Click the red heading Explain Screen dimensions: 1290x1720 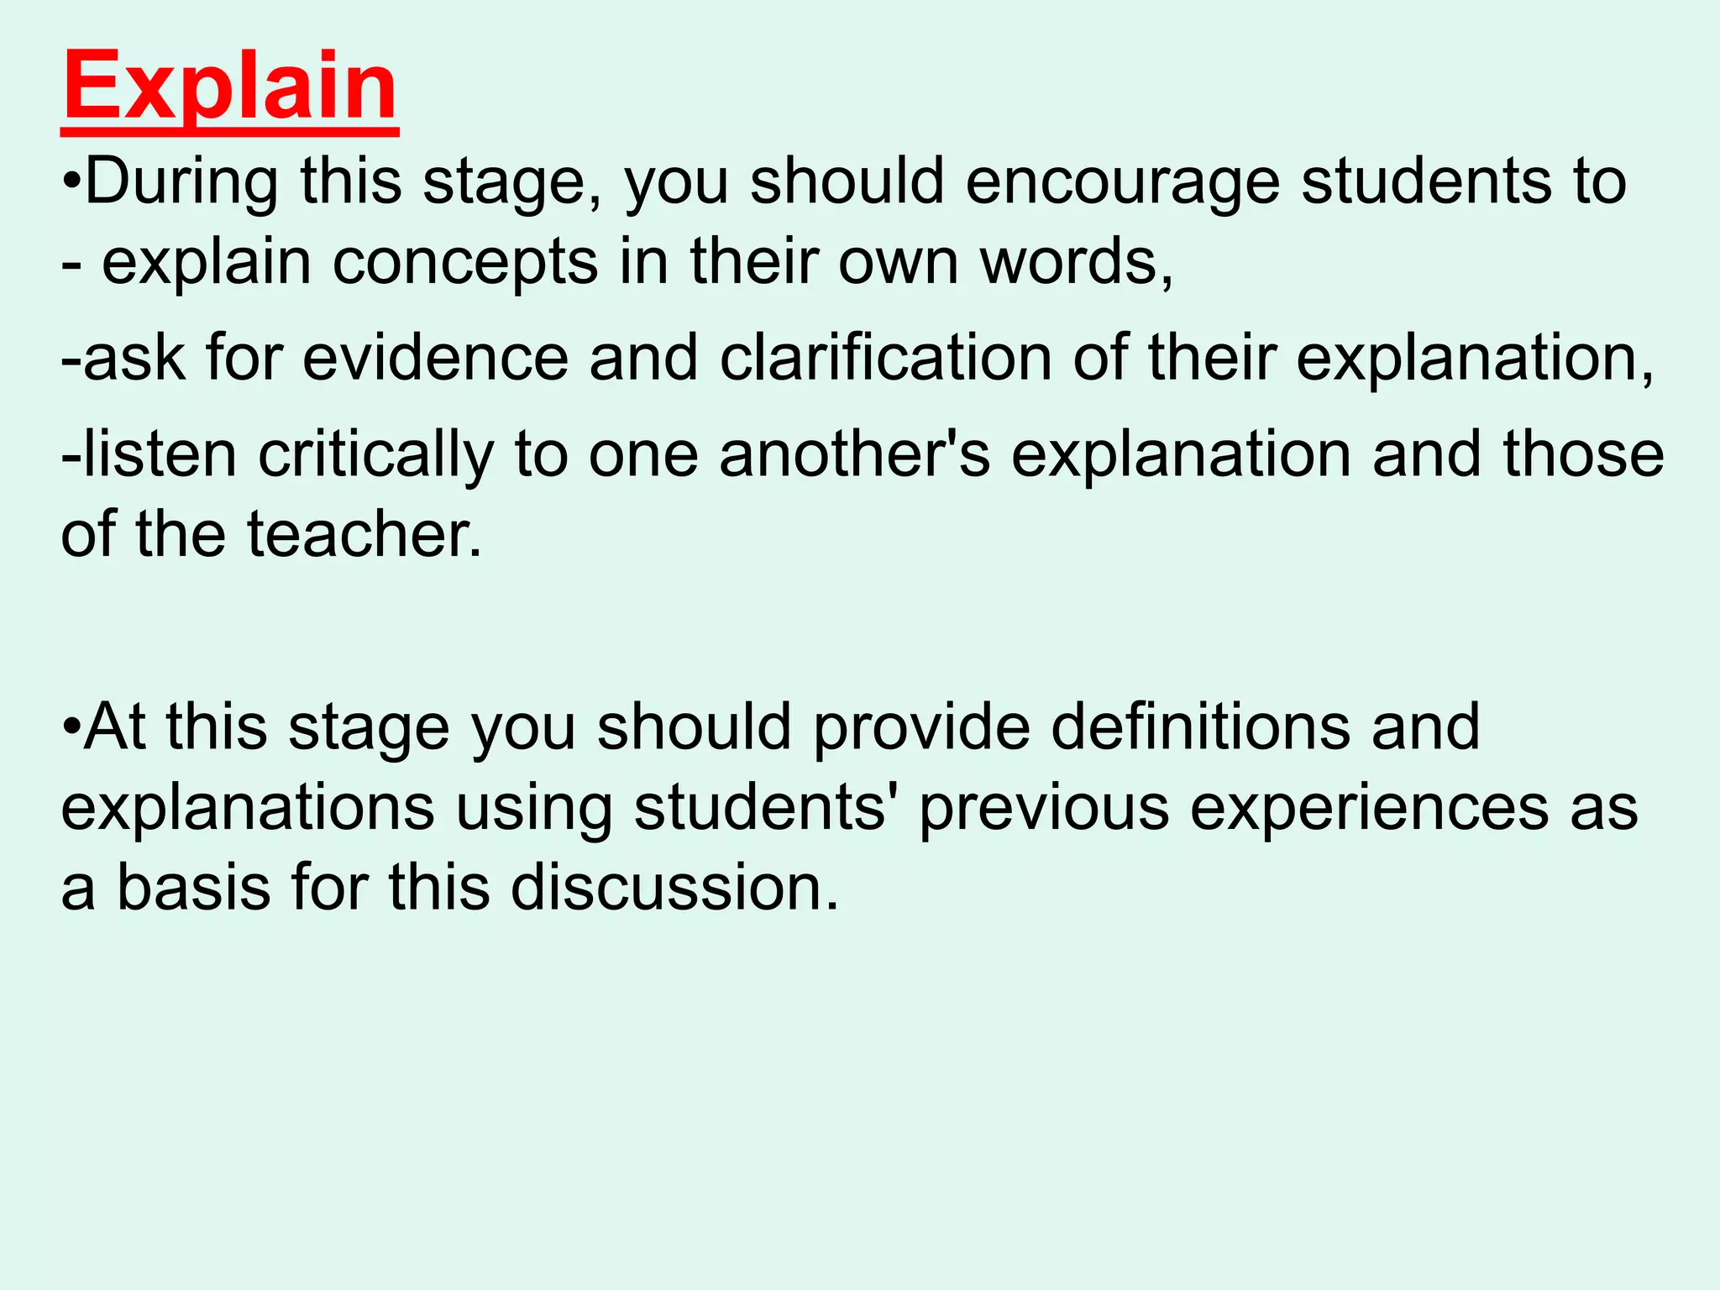pyautogui.click(x=229, y=88)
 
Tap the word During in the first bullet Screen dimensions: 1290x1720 pyautogui.click(x=181, y=181)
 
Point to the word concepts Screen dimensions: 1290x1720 pyautogui.click(x=465, y=262)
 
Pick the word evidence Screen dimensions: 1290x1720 pyautogui.click(x=435, y=359)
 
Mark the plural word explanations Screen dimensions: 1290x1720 pyautogui.click(x=248, y=808)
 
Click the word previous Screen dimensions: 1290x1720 pyautogui.click(x=1044, y=808)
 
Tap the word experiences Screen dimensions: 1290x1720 pyautogui.click(x=1369, y=808)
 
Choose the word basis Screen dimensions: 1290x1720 pyautogui.click(x=193, y=888)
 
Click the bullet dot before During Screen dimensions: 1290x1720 pyautogui.click(x=71, y=183)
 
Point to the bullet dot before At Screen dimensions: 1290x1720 pyautogui.click(x=71, y=727)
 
